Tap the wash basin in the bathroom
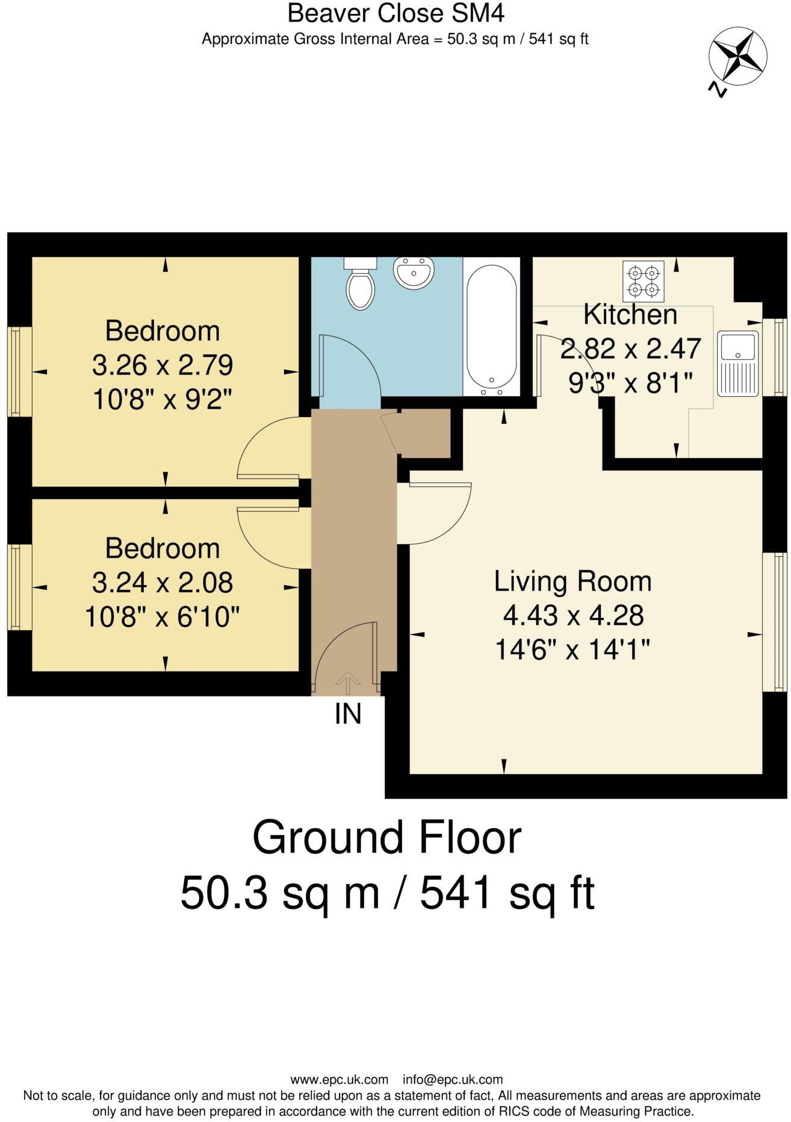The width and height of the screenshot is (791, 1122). click(x=414, y=273)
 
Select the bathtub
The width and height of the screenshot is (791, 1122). click(x=491, y=327)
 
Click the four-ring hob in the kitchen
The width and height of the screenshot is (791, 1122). click(x=644, y=281)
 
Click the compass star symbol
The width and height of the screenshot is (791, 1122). click(x=737, y=56)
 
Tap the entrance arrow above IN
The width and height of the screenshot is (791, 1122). click(x=347, y=681)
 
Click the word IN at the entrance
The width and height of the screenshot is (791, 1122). click(x=348, y=714)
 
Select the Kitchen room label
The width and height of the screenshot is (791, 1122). click(x=630, y=315)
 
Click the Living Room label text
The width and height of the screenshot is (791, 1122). click(x=572, y=581)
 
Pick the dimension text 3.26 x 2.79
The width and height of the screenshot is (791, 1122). click(x=163, y=365)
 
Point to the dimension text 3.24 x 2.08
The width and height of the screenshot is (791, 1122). click(x=163, y=582)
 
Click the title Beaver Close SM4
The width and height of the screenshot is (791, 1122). click(x=396, y=13)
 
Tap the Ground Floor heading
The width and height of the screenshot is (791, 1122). click(x=386, y=837)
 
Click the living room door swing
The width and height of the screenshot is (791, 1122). click(x=433, y=512)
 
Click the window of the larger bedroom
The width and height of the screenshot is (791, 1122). click(x=19, y=371)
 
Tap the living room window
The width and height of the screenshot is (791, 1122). click(x=774, y=622)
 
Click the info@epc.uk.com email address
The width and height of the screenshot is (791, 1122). click(x=452, y=1080)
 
